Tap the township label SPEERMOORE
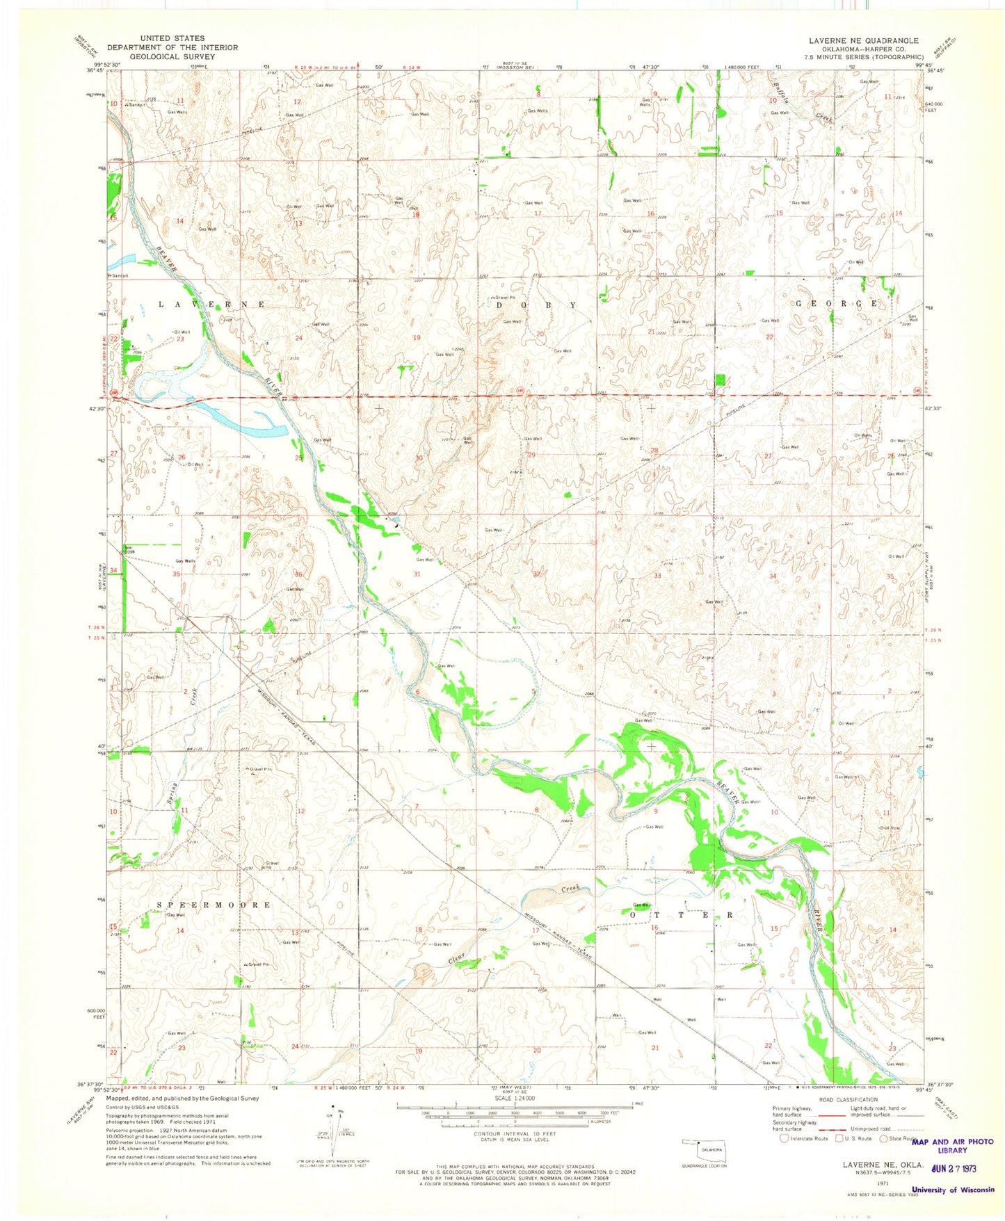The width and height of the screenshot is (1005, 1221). pos(214,905)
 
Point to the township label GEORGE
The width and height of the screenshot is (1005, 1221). pos(837,304)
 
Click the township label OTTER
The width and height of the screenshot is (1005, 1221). pos(680,915)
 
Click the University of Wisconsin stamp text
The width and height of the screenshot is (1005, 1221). pos(953,1189)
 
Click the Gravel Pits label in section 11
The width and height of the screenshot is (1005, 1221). pos(255,769)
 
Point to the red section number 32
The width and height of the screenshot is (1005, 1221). pos(537,574)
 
